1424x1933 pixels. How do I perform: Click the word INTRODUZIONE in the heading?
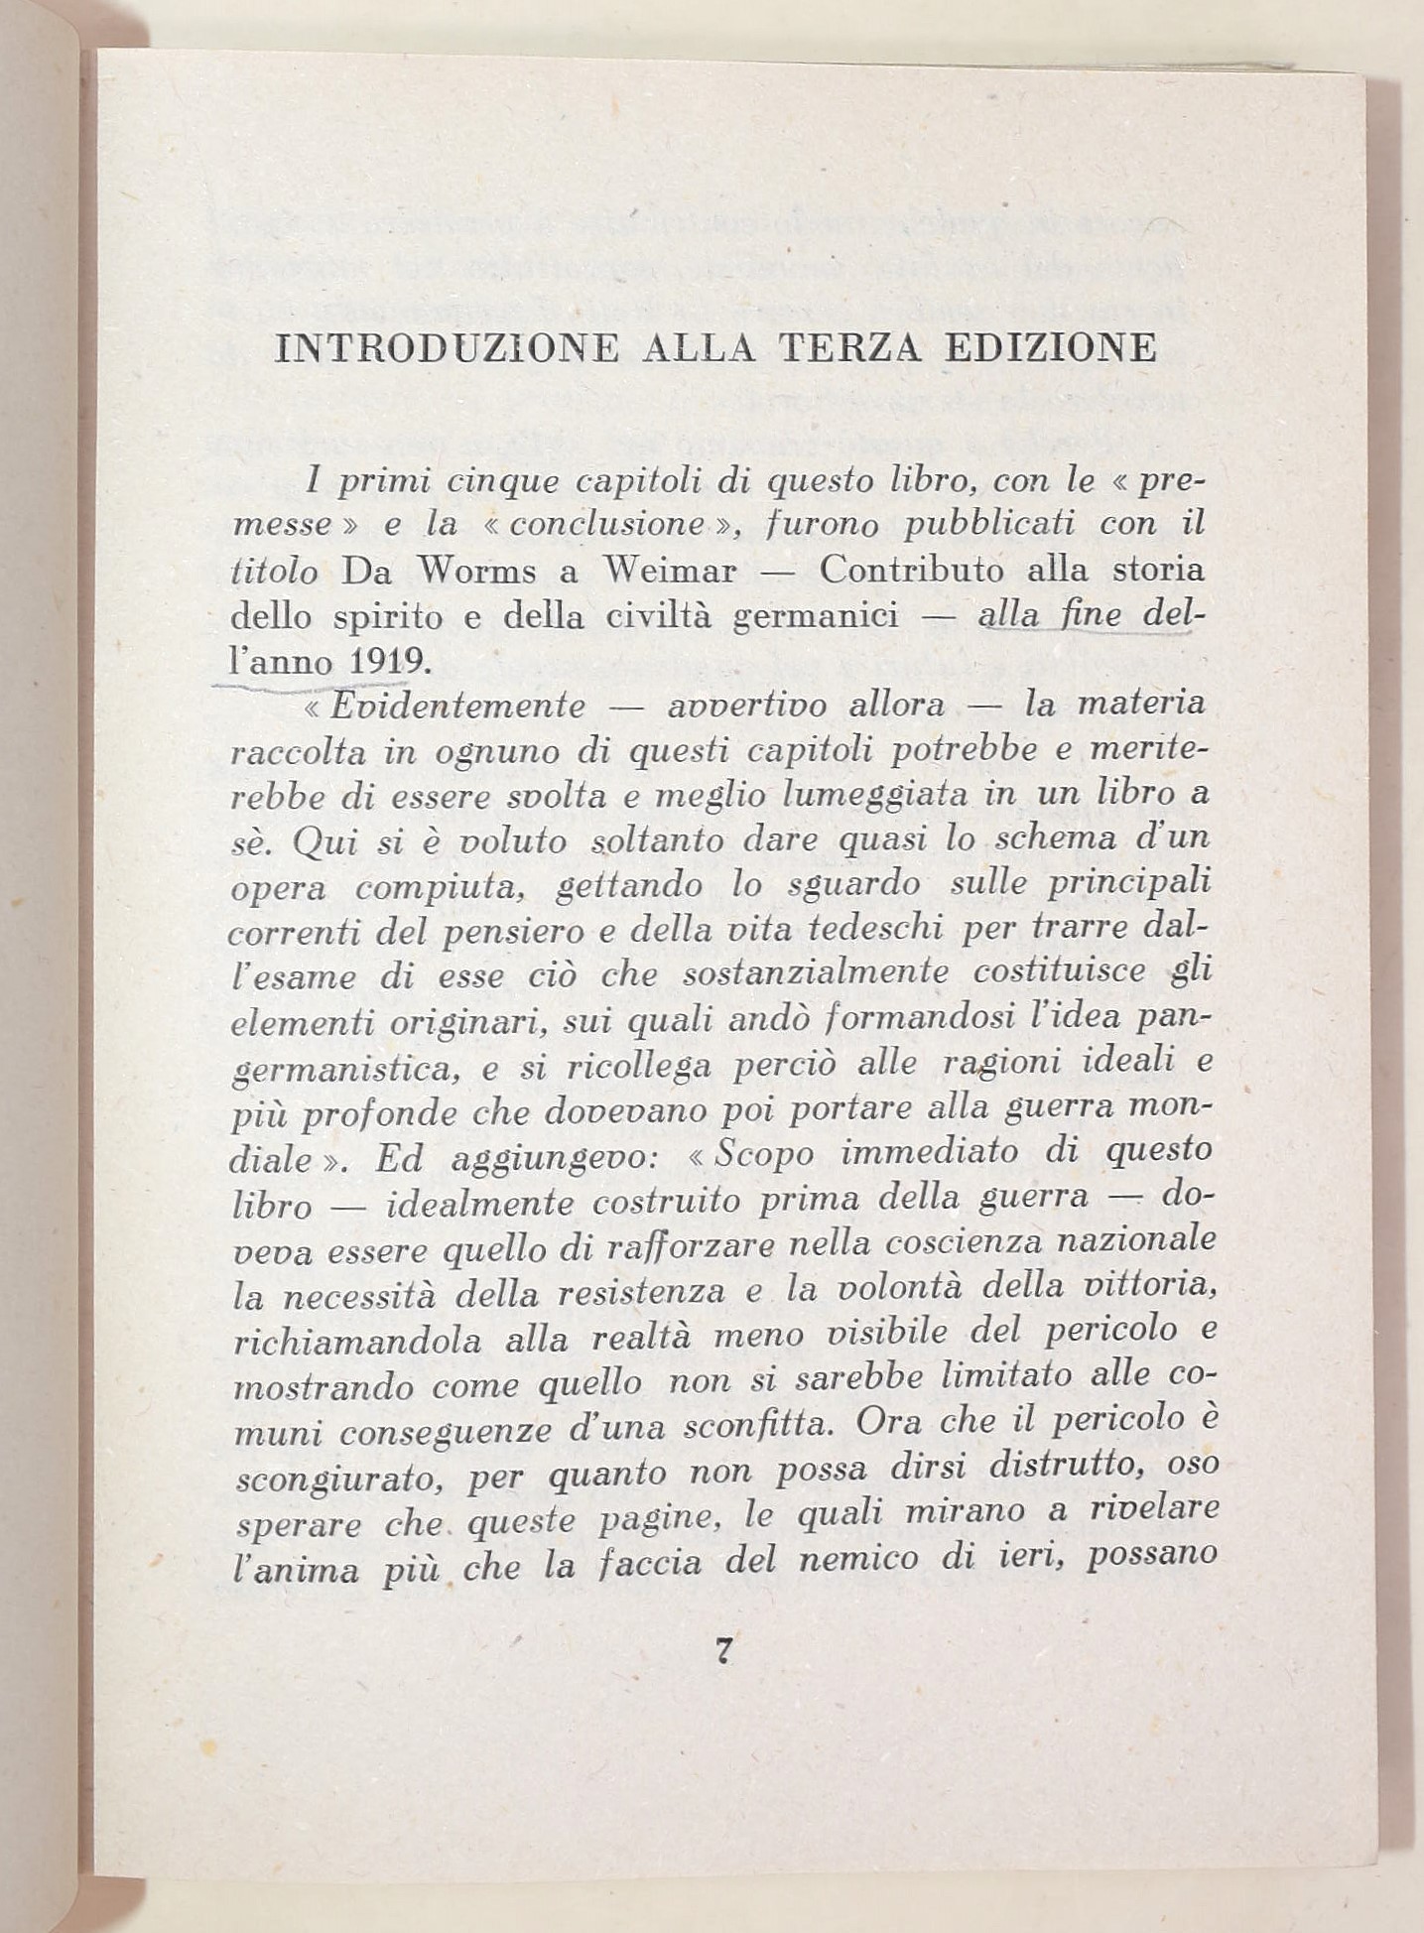click(446, 348)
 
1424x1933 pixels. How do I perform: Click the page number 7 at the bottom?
click(723, 1651)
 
